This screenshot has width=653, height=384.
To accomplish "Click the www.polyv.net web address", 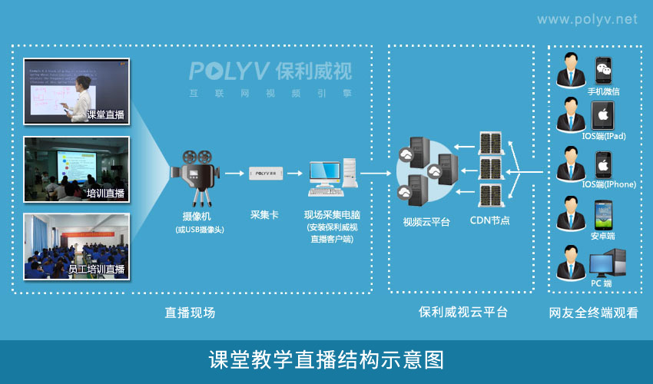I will click(x=586, y=19).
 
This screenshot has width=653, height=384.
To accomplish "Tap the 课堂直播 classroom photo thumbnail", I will click(x=76, y=91).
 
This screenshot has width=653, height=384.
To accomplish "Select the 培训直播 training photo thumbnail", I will click(x=76, y=168).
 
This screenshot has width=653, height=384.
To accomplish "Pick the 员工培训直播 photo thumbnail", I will click(x=76, y=246).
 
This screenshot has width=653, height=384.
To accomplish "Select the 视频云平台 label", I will click(x=424, y=222).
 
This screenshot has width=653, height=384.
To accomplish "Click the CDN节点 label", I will click(x=489, y=222).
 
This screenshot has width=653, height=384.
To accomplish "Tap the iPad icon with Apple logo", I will click(x=604, y=117).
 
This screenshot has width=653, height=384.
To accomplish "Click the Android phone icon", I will click(x=604, y=214).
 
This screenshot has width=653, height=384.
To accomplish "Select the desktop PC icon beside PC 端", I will click(x=607, y=263).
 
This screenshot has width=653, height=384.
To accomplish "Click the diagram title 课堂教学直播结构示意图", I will click(x=326, y=360).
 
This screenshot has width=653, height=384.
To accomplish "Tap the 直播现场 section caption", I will click(x=190, y=313).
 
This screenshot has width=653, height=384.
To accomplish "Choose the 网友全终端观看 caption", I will click(x=593, y=313).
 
